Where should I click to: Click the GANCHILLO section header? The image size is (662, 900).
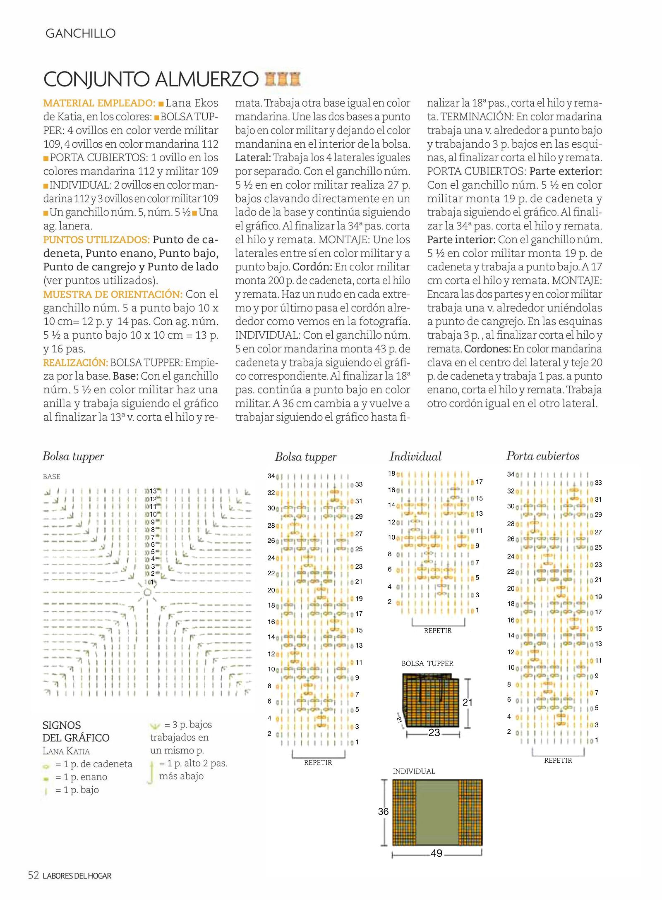pos(80,34)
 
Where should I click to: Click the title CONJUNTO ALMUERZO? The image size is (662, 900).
pos(151,79)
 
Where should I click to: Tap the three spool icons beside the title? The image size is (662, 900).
pos(283,79)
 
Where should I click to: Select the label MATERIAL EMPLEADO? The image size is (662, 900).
pos(99,103)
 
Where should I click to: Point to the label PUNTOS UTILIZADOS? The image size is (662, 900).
pos(96,239)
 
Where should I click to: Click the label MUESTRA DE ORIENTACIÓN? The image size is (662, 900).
pos(113,294)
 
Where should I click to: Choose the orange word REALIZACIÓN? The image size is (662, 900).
pos(75,362)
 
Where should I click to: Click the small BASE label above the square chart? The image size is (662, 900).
pos(52,476)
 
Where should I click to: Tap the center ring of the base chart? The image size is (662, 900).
pos(147,592)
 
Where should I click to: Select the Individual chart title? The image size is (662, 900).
pos(415,457)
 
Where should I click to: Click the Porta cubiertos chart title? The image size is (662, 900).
pos(542,456)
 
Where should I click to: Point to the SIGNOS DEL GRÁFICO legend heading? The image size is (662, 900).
pos(76,731)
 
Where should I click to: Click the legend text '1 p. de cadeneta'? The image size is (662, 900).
pos(94,764)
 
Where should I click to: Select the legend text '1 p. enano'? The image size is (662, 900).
pos(85,777)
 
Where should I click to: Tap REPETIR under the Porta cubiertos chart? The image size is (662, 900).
pos(558,760)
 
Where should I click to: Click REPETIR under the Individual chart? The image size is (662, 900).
pos(438,631)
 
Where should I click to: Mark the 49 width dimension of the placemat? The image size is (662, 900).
pos(437,853)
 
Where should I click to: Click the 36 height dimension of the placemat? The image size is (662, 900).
pos(383,811)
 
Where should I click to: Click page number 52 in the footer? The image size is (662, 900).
pos(33,875)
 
